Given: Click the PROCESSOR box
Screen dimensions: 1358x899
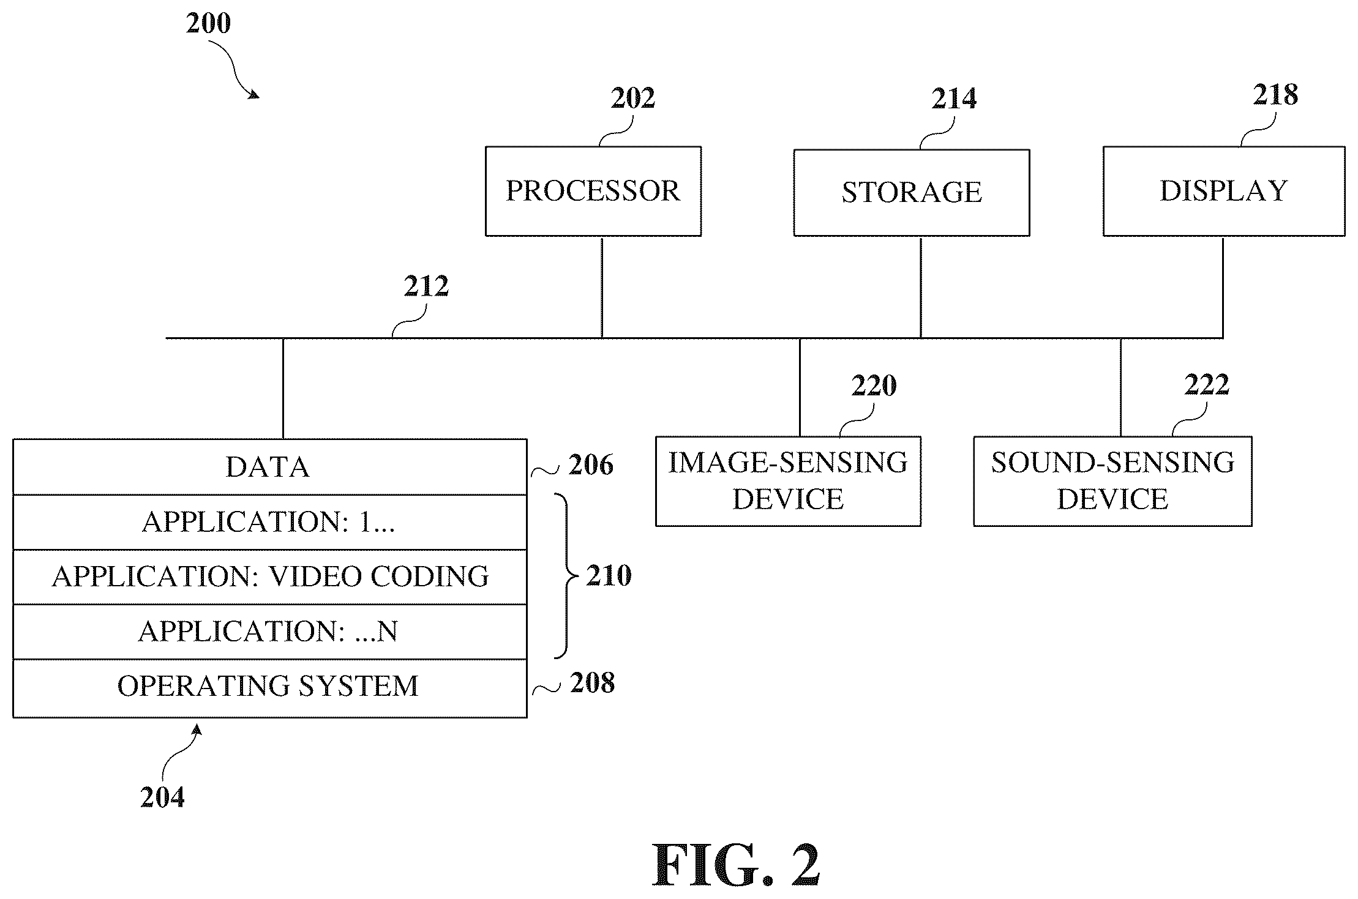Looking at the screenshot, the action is (x=593, y=191).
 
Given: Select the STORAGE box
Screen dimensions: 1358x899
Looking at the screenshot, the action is (x=912, y=192).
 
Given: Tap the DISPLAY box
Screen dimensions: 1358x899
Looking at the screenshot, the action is (x=1224, y=191).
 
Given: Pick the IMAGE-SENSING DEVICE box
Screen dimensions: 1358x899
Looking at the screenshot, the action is (x=788, y=481).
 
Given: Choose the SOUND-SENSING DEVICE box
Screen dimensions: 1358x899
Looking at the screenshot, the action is (x=1112, y=481).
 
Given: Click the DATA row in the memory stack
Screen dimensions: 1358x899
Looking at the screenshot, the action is (x=269, y=467).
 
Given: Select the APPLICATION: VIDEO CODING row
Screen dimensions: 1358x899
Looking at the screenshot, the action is (x=269, y=577).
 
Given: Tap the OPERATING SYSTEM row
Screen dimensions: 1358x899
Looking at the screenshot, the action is (x=269, y=688).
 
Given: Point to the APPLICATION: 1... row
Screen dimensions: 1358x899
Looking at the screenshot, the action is (x=269, y=522).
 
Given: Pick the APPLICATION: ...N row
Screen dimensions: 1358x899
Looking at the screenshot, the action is (x=269, y=632).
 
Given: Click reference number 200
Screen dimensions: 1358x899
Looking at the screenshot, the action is (x=209, y=23).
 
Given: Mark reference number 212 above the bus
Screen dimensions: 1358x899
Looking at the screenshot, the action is (x=426, y=286).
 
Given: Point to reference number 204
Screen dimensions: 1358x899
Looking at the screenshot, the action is (x=162, y=797).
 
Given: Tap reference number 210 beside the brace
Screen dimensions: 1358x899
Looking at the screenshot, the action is (x=609, y=575).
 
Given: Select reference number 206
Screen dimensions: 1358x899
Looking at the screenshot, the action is (x=591, y=464).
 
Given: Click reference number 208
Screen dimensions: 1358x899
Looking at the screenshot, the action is (x=592, y=682).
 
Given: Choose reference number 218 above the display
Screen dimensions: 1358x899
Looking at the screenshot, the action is (x=1275, y=94).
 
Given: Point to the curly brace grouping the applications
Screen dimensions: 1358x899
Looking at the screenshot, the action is (x=566, y=576).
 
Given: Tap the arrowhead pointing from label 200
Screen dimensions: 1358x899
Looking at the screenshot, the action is (x=253, y=94).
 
